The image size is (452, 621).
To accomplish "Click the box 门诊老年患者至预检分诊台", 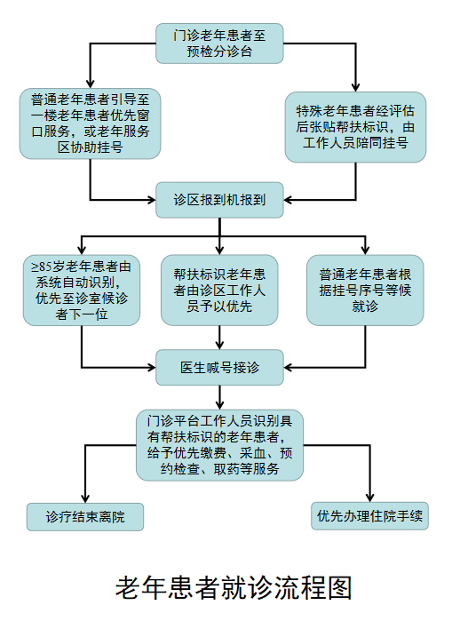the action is point(219,44).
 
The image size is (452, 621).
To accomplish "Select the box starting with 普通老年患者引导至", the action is point(91,123).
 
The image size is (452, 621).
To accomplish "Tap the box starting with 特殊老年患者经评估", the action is point(355,127).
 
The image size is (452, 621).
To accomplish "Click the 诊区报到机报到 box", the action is point(219,200).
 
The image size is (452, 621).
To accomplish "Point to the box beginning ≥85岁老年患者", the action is point(82,290).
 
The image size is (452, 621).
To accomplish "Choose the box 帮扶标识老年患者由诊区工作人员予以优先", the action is point(219,290).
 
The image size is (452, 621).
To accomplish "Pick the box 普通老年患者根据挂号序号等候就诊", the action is point(365,290).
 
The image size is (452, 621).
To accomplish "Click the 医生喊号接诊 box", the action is point(219,367).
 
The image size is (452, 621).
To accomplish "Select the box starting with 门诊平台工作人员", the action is point(219,445).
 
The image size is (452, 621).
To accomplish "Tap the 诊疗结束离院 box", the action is point(85,517).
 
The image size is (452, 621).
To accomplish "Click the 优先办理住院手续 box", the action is point(369,516).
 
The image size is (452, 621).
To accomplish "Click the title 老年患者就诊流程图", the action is point(234,588).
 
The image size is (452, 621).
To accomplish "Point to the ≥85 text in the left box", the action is point(42,267).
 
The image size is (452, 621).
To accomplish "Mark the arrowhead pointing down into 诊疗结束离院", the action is point(85,498).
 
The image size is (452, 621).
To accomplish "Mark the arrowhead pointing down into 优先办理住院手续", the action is point(369,498).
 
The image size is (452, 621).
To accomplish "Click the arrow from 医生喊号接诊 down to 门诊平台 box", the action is point(219,397).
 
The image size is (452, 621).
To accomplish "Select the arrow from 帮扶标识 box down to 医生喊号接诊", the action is point(219,338).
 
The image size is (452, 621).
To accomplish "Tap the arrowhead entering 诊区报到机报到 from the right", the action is point(288,200).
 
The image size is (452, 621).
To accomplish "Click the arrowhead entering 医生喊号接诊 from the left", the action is point(151,368).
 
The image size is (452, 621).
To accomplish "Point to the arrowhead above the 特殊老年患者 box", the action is point(355,87).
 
